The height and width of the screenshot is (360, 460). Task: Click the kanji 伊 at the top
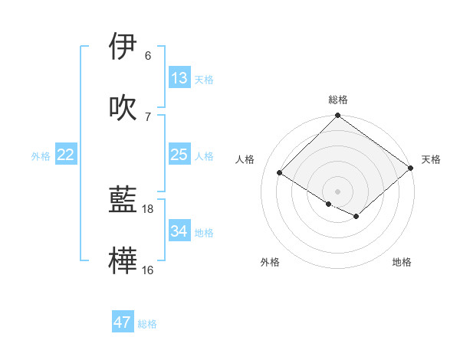point(123,46)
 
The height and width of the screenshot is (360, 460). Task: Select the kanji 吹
point(123,107)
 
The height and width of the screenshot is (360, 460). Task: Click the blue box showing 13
point(179,77)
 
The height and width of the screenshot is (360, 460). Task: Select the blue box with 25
point(179,155)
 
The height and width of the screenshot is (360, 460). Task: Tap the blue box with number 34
point(179,231)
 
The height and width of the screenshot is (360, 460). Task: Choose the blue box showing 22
point(66,155)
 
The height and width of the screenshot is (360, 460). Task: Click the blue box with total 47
point(123,322)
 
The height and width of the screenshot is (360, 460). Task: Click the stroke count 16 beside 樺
point(148,270)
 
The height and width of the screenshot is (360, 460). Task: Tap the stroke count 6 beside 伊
point(148,56)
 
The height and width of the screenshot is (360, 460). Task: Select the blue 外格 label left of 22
point(41,156)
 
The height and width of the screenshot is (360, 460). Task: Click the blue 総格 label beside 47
point(147,324)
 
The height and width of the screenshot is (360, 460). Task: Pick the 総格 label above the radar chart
point(338,100)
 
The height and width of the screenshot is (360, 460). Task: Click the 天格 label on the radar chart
point(431,159)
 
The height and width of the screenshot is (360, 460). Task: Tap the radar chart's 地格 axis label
point(402,262)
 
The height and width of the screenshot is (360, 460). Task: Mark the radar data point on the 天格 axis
point(411,169)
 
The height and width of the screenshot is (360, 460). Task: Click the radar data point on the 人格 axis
point(280,172)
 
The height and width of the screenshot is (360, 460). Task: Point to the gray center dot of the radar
point(338,191)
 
